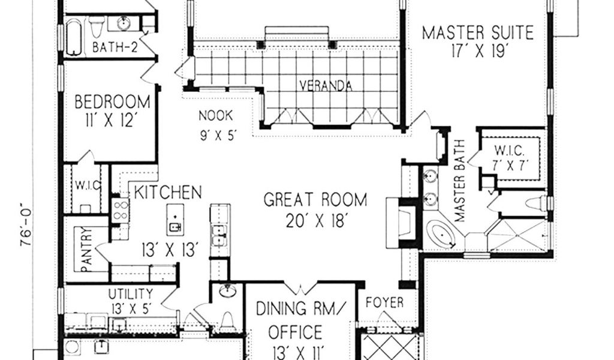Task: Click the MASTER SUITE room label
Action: (478, 33)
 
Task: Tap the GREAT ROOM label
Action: (315, 200)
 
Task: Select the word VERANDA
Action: (326, 85)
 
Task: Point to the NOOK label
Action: (216, 116)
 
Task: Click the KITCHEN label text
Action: (168, 193)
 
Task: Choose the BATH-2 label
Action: (115, 48)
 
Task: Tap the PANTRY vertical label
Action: (86, 250)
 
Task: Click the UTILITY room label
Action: (131, 294)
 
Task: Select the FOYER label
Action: (384, 302)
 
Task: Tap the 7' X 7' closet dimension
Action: (510, 166)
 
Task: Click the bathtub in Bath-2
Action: (74, 38)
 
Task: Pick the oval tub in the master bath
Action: (441, 235)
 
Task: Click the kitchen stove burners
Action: (120, 211)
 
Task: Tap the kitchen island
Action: (175, 220)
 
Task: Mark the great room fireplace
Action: (401, 223)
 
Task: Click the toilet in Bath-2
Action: (97, 26)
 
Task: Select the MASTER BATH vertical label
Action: (459, 181)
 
